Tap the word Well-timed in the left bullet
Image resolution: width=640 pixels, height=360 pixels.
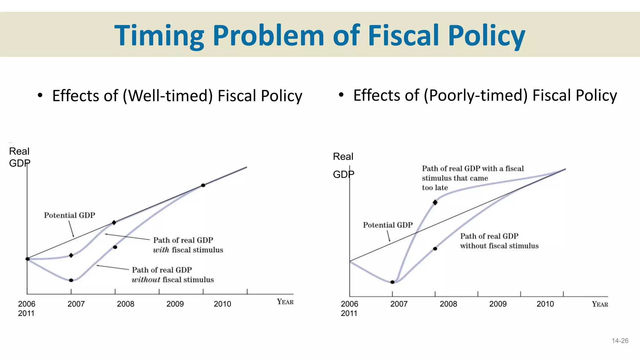coord(169,96)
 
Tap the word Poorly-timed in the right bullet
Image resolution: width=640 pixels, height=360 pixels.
coord(475,95)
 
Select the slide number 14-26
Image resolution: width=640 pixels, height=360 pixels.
coord(620,341)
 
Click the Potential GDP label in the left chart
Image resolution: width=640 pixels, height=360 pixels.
coord(69,215)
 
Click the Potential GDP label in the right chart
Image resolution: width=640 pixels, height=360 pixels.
coord(387,225)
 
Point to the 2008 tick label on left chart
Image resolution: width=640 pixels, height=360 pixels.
coord(125,304)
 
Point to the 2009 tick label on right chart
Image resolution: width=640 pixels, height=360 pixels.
coord(497,304)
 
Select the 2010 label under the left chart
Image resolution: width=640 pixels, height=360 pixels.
coord(222,304)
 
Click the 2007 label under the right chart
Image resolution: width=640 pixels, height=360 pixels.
coord(399,304)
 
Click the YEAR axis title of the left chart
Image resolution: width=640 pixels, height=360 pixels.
coord(285,302)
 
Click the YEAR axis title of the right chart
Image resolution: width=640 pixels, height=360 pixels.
coord(600,304)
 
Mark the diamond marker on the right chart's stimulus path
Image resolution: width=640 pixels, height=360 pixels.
coord(435,202)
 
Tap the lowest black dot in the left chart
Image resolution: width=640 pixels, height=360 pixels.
coord(71,280)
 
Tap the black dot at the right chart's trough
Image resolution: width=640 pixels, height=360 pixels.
coord(392,282)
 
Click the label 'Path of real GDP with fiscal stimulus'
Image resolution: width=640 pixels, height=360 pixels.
coord(187,245)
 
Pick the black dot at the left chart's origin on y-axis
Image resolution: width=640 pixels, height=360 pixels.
coord(27,259)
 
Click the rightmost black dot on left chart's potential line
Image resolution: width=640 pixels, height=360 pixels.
coord(203,185)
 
